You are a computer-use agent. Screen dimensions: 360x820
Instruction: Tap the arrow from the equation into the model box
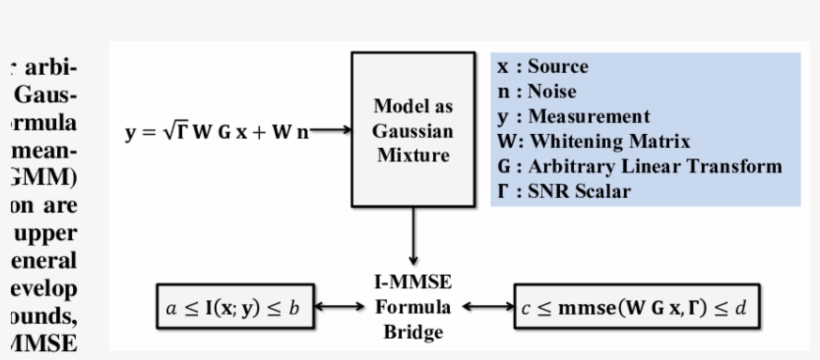coord(330,129)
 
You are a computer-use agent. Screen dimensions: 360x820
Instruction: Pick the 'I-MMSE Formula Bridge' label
coord(413,307)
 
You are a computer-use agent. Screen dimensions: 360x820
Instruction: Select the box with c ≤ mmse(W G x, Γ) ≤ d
coord(630,307)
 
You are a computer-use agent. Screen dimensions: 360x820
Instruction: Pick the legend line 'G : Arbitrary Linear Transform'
coord(639,166)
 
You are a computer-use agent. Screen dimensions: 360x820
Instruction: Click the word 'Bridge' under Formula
coord(413,331)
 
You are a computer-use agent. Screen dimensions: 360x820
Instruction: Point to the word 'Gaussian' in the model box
coord(413,131)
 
